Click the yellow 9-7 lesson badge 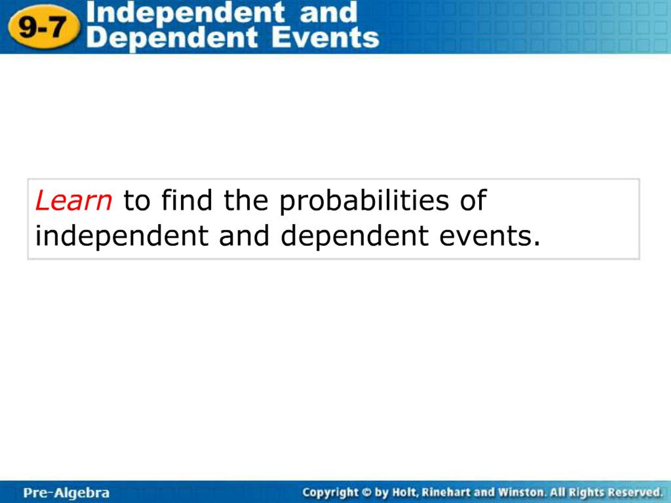click(44, 27)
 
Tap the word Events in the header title click(325, 38)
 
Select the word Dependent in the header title click(172, 39)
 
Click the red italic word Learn click(74, 200)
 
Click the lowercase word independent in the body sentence click(122, 237)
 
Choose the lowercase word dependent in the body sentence click(355, 237)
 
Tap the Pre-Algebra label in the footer click(66, 493)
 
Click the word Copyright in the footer click(330, 492)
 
